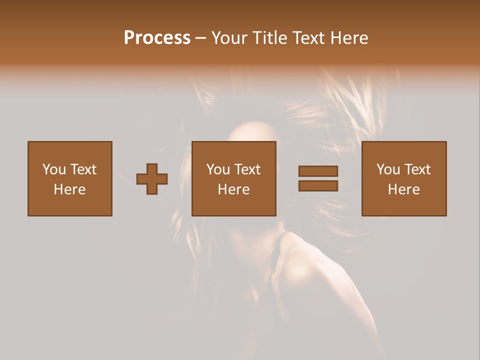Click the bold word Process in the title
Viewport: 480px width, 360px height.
pyautogui.click(x=157, y=38)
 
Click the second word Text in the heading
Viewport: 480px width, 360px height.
pyautogui.click(x=307, y=38)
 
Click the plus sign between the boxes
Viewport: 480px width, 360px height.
pyautogui.click(x=152, y=179)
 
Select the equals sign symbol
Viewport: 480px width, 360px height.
pyautogui.click(x=318, y=178)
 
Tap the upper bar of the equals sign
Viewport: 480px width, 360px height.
pyautogui.click(x=318, y=171)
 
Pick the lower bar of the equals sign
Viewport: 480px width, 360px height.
pyautogui.click(x=318, y=186)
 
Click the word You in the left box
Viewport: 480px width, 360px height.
pyautogui.click(x=54, y=169)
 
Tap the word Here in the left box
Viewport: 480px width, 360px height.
pyautogui.click(x=70, y=189)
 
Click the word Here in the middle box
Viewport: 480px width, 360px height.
pyautogui.click(x=234, y=189)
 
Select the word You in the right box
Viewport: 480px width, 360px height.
pyautogui.click(x=388, y=169)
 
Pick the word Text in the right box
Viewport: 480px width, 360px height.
pyautogui.click(x=417, y=169)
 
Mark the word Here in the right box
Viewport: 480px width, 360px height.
pyautogui.click(x=404, y=189)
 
